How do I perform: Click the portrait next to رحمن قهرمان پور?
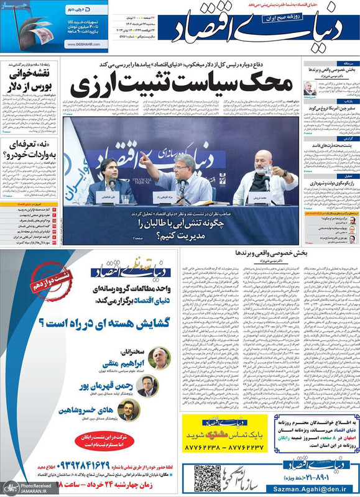point(147,388)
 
